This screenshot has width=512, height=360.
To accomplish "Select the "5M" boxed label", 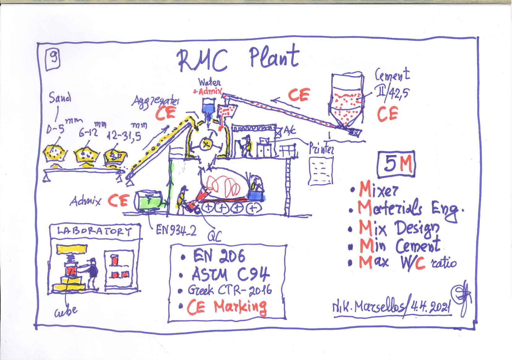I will pos(396,164).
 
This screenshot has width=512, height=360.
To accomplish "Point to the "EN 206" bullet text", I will pos(219,256).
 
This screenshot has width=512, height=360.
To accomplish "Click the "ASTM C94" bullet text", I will pos(230,274).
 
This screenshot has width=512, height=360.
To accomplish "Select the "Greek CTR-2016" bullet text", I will pos(229,290).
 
